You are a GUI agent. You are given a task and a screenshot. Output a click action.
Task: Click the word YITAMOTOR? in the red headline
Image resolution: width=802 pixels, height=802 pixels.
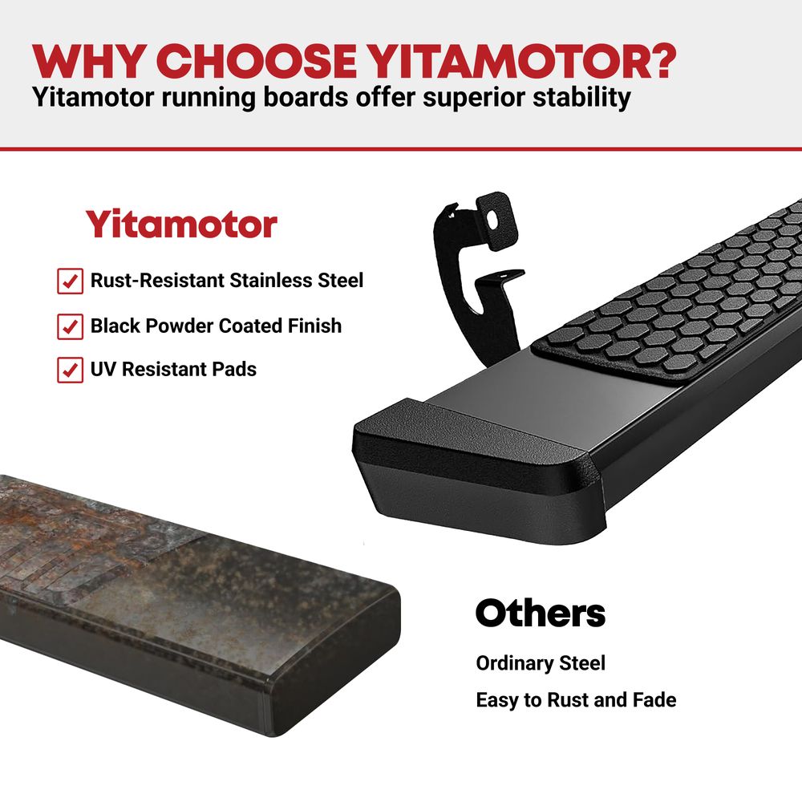tap(521, 62)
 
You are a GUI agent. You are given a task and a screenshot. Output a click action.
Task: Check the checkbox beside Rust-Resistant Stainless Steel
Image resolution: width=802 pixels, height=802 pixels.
tap(70, 281)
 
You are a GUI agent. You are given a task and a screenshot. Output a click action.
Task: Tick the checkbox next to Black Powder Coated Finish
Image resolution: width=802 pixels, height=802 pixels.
tap(70, 326)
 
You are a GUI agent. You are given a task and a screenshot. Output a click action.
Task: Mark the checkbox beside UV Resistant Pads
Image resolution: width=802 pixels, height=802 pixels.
tap(70, 370)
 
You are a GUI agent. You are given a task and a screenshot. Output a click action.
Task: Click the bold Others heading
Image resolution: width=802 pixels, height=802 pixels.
tap(541, 613)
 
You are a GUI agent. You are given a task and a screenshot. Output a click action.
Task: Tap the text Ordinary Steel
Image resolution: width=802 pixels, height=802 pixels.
tap(541, 663)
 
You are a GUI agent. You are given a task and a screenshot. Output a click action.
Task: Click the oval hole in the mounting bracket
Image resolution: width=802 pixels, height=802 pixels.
tap(492, 220)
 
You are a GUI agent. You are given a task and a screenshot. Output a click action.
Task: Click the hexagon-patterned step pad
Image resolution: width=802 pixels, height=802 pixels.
tap(670, 297)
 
